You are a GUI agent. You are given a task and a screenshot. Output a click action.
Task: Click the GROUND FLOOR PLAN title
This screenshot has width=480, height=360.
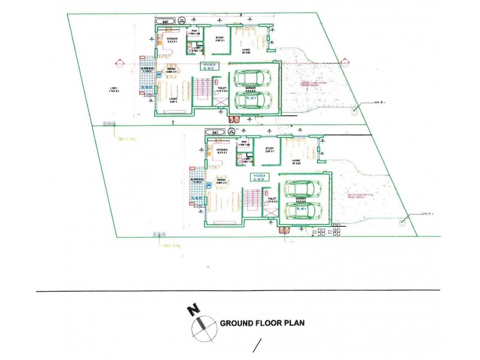(262, 323)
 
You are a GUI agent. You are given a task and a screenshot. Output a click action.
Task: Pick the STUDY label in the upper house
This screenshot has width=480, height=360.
(220, 37)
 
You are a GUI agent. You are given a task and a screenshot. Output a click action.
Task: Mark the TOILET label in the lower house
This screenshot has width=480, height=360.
(272, 199)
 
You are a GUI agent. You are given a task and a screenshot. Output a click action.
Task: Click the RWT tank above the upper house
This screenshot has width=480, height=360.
(166, 22)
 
